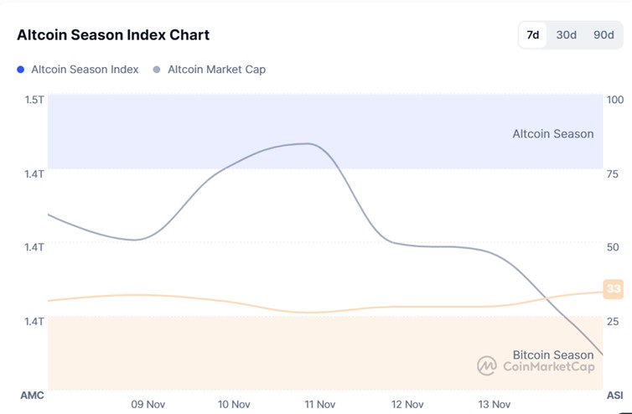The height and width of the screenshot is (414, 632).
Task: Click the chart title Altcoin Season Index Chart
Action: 113,35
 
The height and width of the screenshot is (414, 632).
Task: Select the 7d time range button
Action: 532,35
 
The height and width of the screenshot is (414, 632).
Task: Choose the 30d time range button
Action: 567,35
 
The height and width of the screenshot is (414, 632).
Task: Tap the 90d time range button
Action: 604,35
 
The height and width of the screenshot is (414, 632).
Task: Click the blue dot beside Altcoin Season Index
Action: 21,70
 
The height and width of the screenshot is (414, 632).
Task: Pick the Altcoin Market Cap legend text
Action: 216,70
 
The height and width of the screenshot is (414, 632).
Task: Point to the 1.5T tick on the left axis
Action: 34,100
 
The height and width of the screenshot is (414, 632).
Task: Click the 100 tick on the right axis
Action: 615,100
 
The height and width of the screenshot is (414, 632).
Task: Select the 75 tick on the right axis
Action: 613,173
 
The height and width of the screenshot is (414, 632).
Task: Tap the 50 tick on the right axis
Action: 613,247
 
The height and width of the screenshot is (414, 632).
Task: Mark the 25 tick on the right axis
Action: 613,321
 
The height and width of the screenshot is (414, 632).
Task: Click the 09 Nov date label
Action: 148,404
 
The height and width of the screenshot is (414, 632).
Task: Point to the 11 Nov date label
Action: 320,404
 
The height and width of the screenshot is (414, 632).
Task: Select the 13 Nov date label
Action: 495,404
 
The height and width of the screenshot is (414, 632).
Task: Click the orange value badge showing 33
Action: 614,289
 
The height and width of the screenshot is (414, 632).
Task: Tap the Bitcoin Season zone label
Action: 553,355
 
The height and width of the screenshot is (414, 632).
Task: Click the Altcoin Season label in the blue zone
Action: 553,134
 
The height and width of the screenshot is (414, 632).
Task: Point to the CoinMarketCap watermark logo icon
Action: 487,365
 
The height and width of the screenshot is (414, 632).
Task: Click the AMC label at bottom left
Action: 32,395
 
